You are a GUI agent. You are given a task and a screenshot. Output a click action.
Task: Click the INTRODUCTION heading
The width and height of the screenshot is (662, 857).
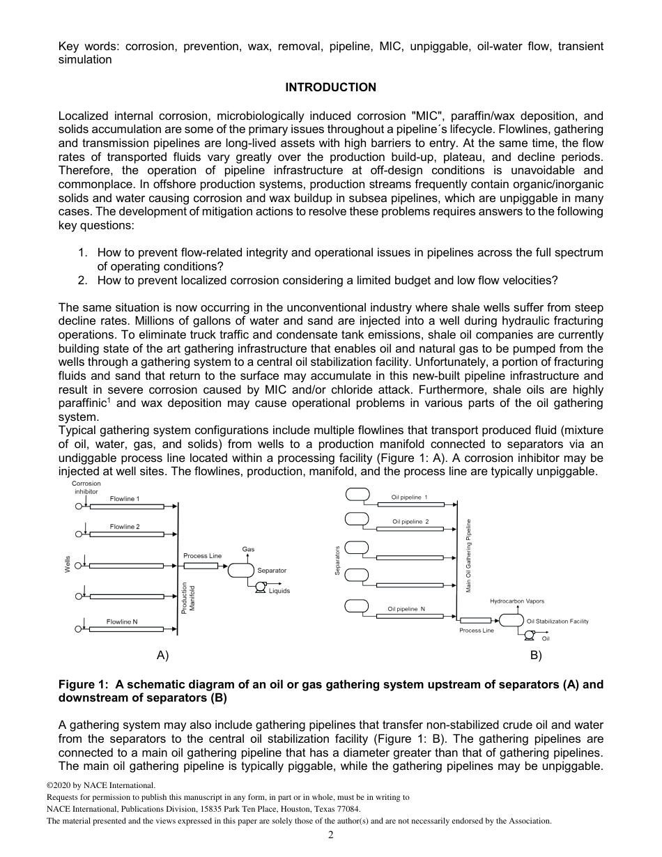pyautogui.click(x=330, y=87)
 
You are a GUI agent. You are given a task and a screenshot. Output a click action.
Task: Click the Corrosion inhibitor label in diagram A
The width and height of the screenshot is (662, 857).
pyautogui.click(x=86, y=487)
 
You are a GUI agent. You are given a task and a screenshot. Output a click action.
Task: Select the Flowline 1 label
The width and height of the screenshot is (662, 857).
pyautogui.click(x=125, y=499)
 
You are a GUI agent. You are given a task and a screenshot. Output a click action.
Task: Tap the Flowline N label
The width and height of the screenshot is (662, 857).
pyautogui.click(x=122, y=621)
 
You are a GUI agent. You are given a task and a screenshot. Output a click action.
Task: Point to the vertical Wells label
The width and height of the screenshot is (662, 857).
pyautogui.click(x=68, y=564)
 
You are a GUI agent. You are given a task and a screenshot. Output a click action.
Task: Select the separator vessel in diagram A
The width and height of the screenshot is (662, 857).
pyautogui.click(x=241, y=570)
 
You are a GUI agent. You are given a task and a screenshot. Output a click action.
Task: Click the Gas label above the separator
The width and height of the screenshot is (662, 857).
pyautogui.click(x=248, y=550)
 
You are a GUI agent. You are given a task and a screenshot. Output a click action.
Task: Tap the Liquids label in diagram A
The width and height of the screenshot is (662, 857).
pyautogui.click(x=279, y=591)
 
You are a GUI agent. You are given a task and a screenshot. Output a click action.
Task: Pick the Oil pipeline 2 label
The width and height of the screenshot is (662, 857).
pyautogui.click(x=410, y=521)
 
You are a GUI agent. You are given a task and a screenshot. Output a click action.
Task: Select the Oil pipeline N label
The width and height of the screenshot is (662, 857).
pyautogui.click(x=406, y=609)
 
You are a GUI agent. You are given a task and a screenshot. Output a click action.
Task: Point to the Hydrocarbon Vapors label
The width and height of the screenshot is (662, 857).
pyautogui.click(x=517, y=601)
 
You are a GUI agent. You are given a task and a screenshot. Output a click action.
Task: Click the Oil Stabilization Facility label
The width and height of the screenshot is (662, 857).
pyautogui.click(x=557, y=621)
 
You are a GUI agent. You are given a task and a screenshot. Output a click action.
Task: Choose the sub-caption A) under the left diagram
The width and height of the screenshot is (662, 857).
pyautogui.click(x=162, y=656)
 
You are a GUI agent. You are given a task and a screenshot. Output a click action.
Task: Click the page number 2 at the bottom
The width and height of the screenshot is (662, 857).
pyautogui.click(x=331, y=835)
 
